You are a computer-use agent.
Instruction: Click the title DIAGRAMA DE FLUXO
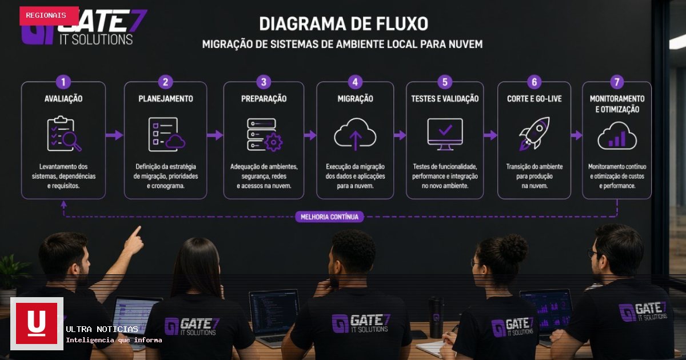click(x=344, y=24)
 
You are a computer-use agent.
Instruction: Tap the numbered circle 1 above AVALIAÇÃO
click(x=63, y=82)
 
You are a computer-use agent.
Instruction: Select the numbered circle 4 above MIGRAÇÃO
click(x=355, y=82)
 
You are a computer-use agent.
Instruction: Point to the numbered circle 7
click(x=617, y=82)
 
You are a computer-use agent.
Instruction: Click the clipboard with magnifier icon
click(x=64, y=134)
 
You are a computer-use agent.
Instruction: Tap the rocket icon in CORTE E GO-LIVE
click(x=535, y=134)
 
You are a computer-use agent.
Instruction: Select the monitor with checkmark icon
click(x=445, y=134)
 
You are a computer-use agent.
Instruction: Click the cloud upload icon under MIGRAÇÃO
click(x=355, y=134)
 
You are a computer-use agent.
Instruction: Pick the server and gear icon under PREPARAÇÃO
click(x=265, y=135)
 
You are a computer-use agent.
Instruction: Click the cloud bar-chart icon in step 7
click(x=617, y=135)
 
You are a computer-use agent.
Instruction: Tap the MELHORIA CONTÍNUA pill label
click(x=329, y=217)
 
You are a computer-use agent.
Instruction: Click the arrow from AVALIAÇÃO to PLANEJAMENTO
click(x=114, y=135)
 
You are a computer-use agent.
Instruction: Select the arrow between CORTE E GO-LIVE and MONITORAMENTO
click(x=577, y=135)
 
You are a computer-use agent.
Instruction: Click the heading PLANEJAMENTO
click(x=166, y=98)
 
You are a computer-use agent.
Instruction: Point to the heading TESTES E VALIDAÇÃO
click(x=445, y=98)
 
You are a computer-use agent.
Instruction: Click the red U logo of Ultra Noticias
click(x=37, y=323)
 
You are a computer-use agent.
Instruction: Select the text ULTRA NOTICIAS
click(x=102, y=329)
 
